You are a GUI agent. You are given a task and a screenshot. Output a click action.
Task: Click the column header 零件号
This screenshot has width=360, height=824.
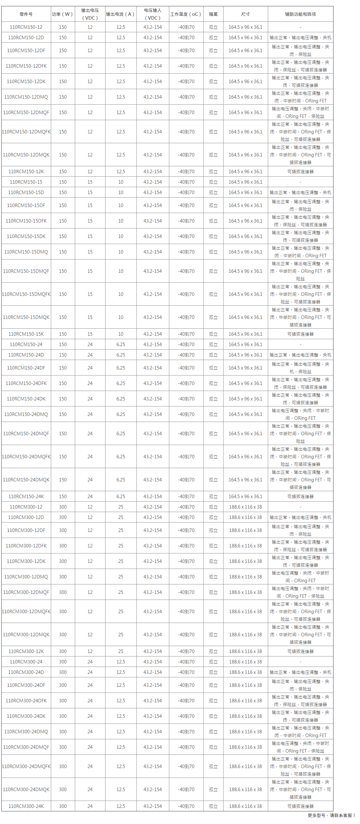[26, 14]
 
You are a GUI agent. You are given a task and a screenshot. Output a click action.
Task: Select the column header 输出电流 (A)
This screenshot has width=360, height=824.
[121, 14]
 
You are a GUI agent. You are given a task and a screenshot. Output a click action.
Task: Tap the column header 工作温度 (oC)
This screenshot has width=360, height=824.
[186, 14]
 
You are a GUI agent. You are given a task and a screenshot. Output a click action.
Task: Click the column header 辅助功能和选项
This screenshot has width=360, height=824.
[300, 14]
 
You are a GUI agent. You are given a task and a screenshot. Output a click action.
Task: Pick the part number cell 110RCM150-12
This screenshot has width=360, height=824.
[26, 27]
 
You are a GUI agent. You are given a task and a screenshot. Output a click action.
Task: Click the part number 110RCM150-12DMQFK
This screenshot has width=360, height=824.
[26, 132]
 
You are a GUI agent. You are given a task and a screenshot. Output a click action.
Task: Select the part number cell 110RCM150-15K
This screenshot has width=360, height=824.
[26, 334]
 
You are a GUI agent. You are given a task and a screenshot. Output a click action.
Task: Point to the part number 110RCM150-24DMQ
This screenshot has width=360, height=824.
[26, 414]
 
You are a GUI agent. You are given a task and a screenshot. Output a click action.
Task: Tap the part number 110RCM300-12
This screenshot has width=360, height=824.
[26, 507]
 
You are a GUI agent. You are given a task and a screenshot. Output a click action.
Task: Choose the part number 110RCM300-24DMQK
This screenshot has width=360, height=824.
[26, 790]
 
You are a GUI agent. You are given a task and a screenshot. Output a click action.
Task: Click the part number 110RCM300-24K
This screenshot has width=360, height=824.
[26, 806]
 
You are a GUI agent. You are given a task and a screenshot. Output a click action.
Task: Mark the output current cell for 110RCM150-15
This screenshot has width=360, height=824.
[121, 182]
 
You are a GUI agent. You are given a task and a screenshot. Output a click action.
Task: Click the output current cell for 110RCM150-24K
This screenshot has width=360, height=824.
[121, 497]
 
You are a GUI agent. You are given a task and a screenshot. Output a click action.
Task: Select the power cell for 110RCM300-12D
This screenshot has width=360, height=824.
[63, 517]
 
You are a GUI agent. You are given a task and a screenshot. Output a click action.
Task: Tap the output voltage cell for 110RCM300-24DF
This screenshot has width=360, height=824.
[90, 685]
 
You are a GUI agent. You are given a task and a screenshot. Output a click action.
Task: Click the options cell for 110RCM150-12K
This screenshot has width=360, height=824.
[300, 172]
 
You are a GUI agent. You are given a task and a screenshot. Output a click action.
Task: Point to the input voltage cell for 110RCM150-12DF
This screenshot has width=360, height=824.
[153, 51]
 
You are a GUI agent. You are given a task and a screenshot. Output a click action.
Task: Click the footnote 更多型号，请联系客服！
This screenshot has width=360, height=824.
[332, 815]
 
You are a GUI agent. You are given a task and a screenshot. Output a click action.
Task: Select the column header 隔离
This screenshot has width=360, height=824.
[213, 14]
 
